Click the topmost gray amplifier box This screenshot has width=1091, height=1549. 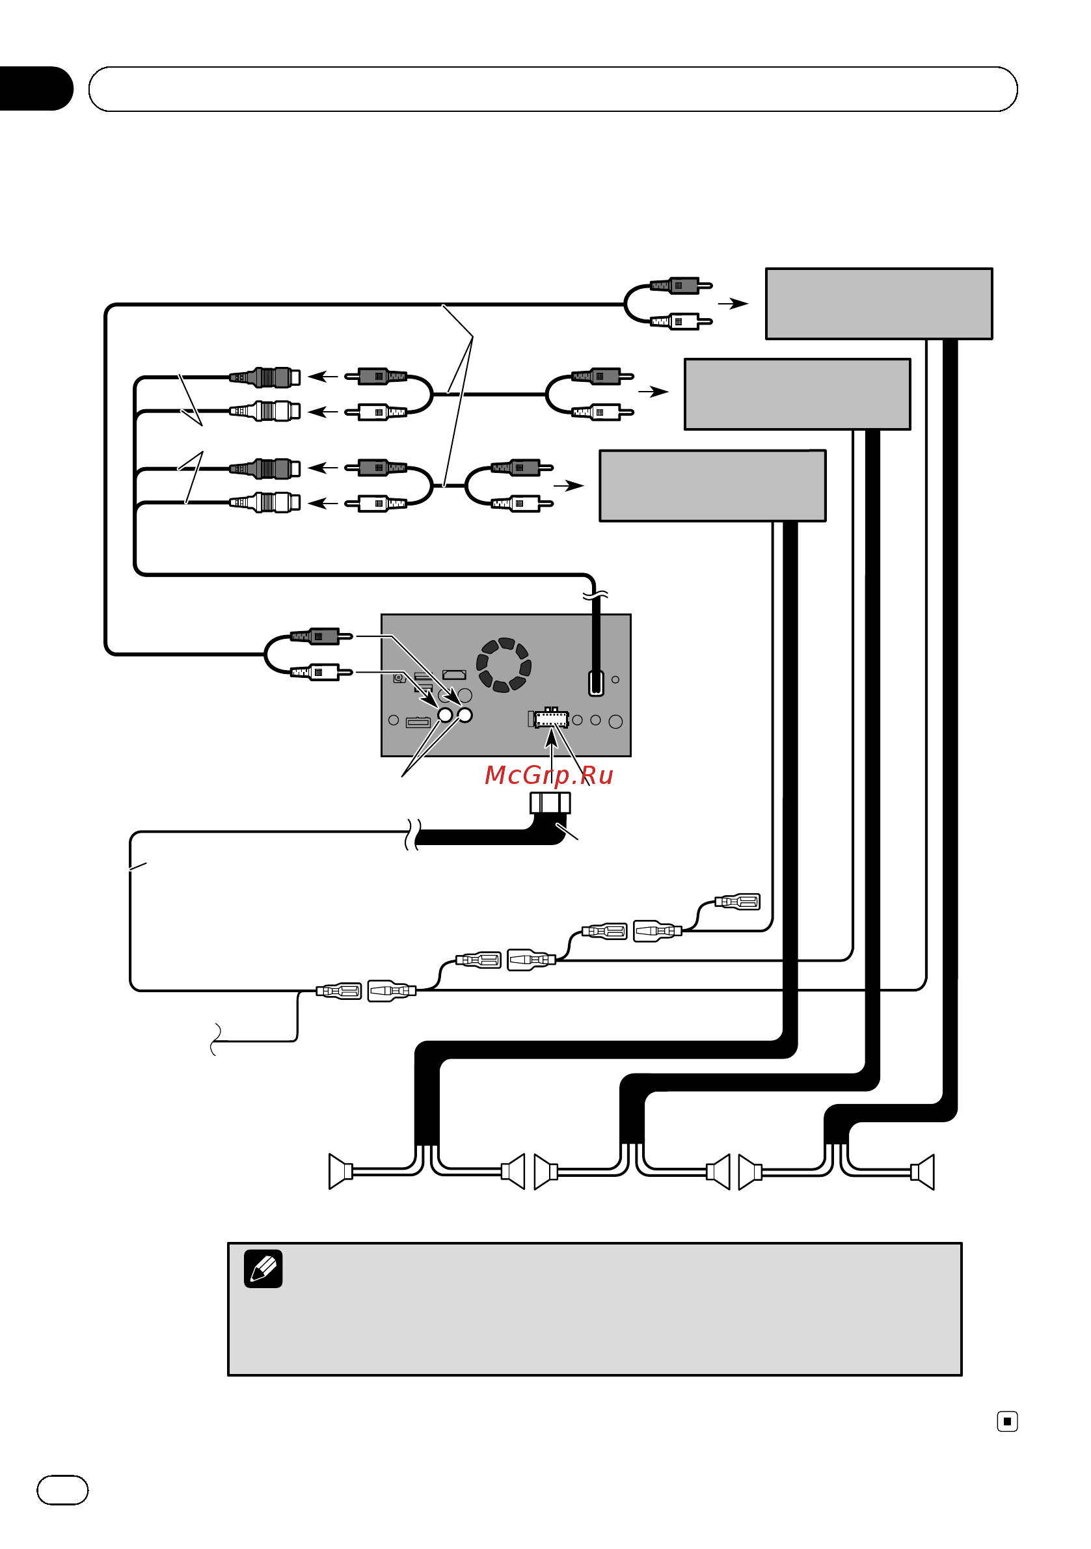pyautogui.click(x=878, y=304)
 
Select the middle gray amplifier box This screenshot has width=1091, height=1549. pyautogui.click(x=798, y=394)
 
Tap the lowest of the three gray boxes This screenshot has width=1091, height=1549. pyautogui.click(x=712, y=486)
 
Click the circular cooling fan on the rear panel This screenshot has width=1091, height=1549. pyautogui.click(x=504, y=664)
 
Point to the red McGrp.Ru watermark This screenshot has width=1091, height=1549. pyautogui.click(x=548, y=776)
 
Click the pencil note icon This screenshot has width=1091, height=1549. pyautogui.click(x=263, y=1269)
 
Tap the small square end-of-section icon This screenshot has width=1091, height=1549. pyautogui.click(x=1007, y=1421)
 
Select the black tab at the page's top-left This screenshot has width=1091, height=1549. pyautogui.click(x=36, y=88)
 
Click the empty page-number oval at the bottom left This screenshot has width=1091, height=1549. pyautogui.click(x=62, y=1490)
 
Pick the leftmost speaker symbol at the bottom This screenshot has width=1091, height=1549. pyautogui.click(x=341, y=1171)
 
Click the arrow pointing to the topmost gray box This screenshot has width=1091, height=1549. pyautogui.click(x=733, y=304)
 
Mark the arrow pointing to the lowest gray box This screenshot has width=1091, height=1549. pyautogui.click(x=569, y=485)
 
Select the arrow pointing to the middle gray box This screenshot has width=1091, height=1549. pyautogui.click(x=653, y=391)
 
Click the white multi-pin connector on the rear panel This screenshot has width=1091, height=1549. pyautogui.click(x=551, y=718)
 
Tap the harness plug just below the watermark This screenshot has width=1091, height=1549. pyautogui.click(x=550, y=803)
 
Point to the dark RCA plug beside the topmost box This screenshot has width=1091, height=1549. pyautogui.click(x=680, y=286)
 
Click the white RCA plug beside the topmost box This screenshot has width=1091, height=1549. pyautogui.click(x=680, y=321)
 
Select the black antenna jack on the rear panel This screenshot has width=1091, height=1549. pyautogui.click(x=596, y=682)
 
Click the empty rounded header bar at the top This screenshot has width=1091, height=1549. pyautogui.click(x=552, y=89)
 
